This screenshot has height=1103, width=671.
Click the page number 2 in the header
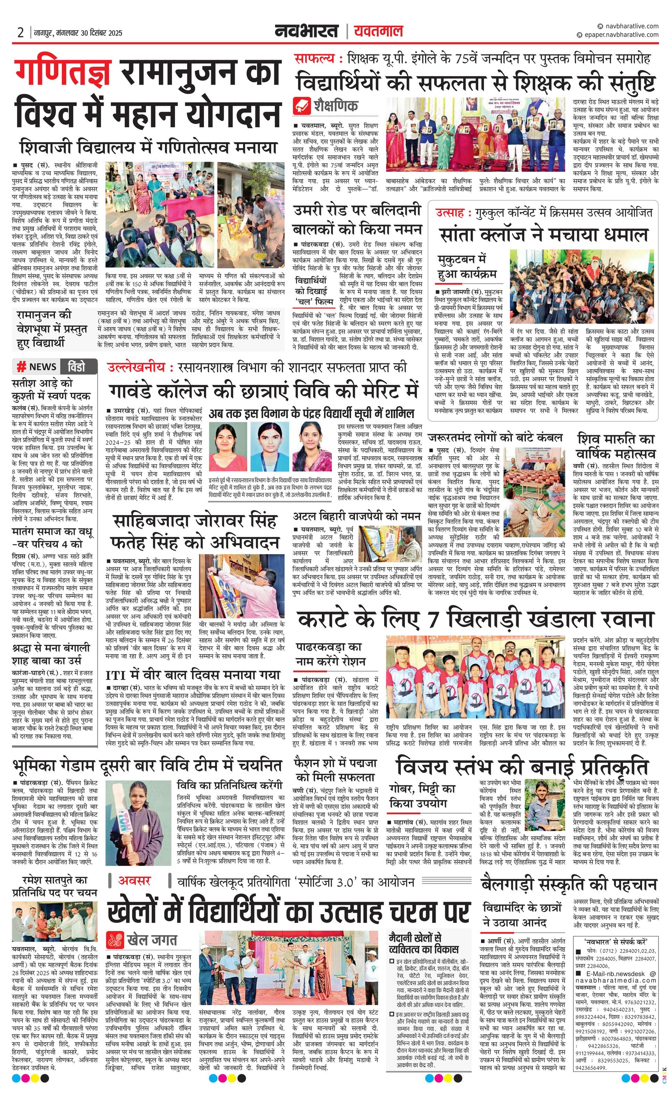[x=20, y=32]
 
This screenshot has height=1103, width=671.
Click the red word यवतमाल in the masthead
[x=378, y=31]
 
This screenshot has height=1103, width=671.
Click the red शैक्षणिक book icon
[x=301, y=106]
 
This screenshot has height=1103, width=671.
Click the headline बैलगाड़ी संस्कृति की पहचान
[x=569, y=885]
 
